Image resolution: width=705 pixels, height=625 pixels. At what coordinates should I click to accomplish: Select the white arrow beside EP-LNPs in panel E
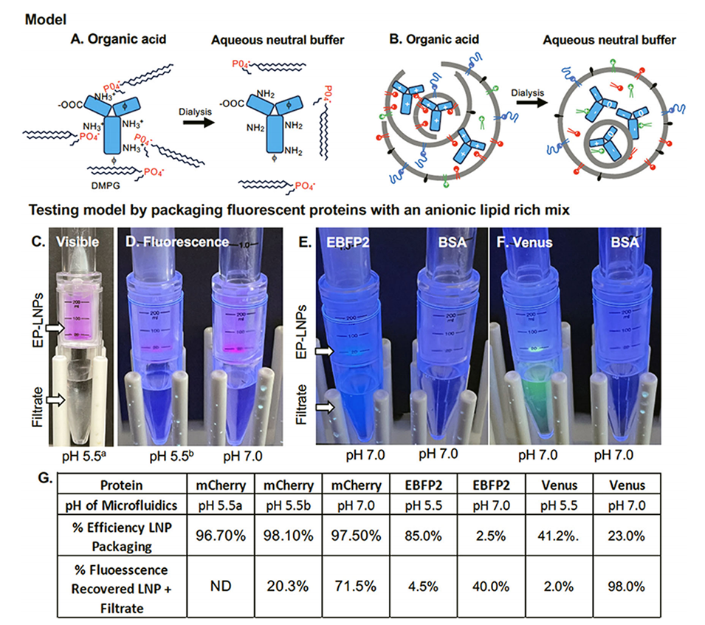point(322,354)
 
